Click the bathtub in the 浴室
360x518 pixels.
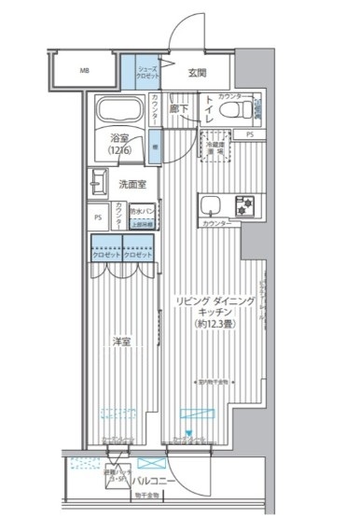(119, 111)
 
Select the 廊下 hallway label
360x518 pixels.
(180, 109)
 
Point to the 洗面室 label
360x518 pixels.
(132, 183)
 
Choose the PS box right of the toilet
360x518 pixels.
(250, 135)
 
